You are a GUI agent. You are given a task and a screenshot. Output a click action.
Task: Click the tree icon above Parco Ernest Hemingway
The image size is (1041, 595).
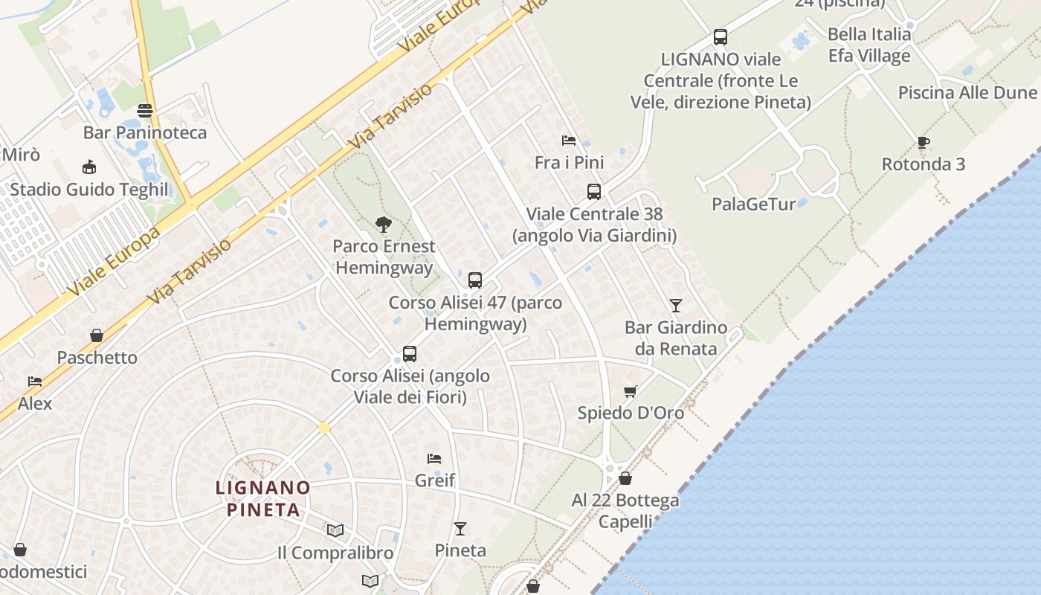[383, 224]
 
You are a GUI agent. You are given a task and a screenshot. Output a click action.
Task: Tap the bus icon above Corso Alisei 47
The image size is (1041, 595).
[475, 280]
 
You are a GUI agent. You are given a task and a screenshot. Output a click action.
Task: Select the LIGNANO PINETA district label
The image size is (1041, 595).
[262, 498]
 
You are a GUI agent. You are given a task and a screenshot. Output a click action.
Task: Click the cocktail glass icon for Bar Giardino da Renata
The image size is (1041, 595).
[675, 305]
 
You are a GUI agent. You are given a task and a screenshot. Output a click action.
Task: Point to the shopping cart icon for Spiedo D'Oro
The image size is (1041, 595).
[631, 391]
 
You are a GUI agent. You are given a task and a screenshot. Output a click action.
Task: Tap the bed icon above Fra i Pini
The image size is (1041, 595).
[569, 141]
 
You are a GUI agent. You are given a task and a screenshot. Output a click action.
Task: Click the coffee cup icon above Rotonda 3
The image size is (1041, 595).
[923, 142]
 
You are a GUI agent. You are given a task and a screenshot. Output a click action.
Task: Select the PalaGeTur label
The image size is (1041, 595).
[753, 204]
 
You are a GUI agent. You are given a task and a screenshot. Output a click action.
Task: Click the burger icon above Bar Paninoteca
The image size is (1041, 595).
[145, 111]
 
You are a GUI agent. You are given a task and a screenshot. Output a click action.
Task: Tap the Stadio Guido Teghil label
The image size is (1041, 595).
[89, 190]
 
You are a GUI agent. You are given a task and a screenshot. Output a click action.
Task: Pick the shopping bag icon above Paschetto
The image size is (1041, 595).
[97, 335]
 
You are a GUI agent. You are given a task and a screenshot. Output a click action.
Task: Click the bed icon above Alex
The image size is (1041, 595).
[35, 382]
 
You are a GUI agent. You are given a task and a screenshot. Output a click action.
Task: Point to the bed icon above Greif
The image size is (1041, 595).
[434, 458]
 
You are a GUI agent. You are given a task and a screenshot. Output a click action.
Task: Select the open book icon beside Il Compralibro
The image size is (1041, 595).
[335, 530]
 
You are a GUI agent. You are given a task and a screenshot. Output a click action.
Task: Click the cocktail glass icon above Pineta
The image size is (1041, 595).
[460, 528]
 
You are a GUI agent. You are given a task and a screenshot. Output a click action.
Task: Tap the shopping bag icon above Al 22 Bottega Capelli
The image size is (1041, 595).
[625, 478]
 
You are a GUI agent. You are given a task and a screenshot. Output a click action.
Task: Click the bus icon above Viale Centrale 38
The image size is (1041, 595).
[593, 192]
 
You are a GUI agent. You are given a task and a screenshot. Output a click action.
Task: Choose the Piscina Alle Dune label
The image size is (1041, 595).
[967, 93]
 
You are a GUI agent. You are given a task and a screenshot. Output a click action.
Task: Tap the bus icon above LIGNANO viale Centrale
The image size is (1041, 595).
[720, 36]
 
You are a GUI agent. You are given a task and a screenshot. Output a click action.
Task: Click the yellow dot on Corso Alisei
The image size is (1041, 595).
[324, 428]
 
